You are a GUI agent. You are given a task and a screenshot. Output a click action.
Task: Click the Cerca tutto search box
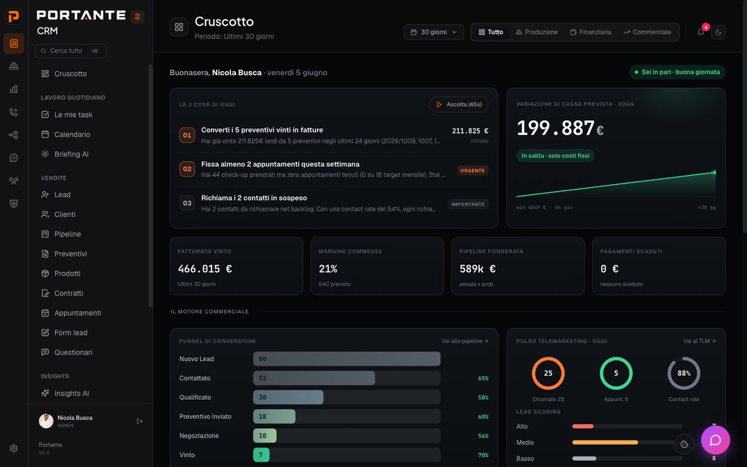point(71,50)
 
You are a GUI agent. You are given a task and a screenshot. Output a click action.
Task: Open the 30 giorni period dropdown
point(433,32)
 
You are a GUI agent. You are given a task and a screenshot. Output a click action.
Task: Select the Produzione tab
point(537,32)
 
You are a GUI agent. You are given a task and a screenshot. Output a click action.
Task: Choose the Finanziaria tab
point(591,32)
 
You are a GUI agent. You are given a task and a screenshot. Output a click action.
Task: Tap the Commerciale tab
point(647,32)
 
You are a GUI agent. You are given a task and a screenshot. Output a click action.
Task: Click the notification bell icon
point(701,32)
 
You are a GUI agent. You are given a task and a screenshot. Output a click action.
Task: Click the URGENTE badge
point(472,171)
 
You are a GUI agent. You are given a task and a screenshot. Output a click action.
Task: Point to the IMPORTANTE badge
point(468,204)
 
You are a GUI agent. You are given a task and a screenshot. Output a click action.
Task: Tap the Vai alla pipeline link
point(465,341)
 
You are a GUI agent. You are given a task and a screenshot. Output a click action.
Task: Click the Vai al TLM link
point(699,341)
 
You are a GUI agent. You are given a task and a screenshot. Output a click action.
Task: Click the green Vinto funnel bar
point(261,455)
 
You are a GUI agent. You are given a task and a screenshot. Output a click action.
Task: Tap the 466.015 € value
point(205,268)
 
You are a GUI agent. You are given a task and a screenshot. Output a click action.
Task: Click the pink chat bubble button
point(715,440)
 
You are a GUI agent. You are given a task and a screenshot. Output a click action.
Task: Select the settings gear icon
point(14,448)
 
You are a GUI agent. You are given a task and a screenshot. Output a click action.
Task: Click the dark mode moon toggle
point(718,32)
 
